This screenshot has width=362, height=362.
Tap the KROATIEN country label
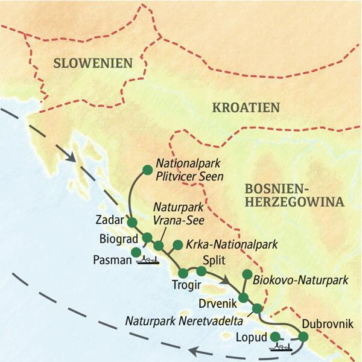(246, 108)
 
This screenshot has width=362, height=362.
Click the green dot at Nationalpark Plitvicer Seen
(145, 170)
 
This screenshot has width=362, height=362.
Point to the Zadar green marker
(132, 223)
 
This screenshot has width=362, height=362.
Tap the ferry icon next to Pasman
(148, 260)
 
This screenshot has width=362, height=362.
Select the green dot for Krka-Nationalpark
(177, 245)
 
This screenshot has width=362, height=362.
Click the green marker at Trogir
(183, 273)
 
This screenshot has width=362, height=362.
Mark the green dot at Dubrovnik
(303, 337)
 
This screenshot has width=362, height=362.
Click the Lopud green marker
(275, 336)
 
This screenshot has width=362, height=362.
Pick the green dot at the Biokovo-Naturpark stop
(246, 275)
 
